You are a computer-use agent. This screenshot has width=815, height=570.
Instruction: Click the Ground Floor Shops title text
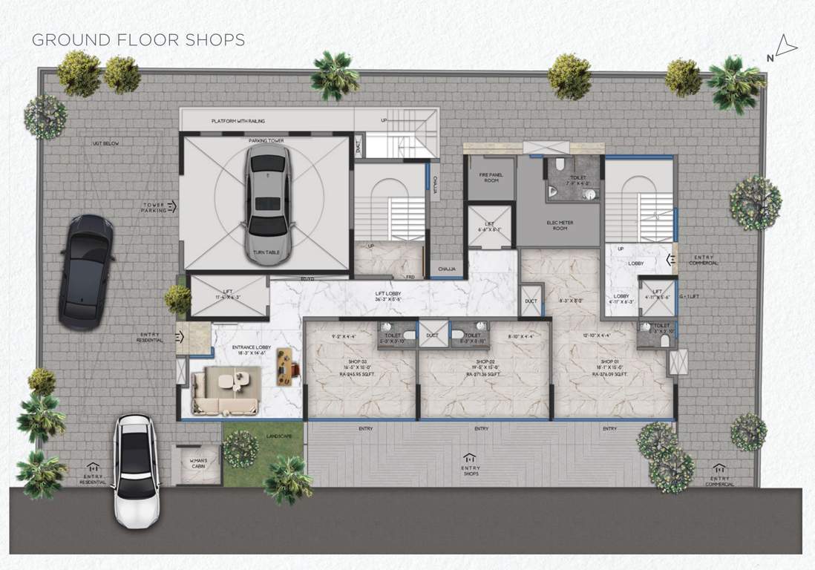(138, 39)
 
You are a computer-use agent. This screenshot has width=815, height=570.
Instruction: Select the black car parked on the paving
(86, 272)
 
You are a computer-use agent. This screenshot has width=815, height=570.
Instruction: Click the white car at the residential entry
(135, 470)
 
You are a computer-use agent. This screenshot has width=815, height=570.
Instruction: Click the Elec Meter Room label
(560, 225)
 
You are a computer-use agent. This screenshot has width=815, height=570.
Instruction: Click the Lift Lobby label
(388, 296)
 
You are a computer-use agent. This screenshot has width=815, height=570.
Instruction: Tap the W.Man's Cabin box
(198, 465)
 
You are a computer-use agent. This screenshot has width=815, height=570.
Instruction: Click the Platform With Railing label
(238, 120)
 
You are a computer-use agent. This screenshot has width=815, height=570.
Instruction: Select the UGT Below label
(105, 142)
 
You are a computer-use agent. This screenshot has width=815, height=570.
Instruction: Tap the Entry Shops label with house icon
(470, 466)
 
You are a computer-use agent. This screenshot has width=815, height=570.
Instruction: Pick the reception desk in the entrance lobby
(285, 366)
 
